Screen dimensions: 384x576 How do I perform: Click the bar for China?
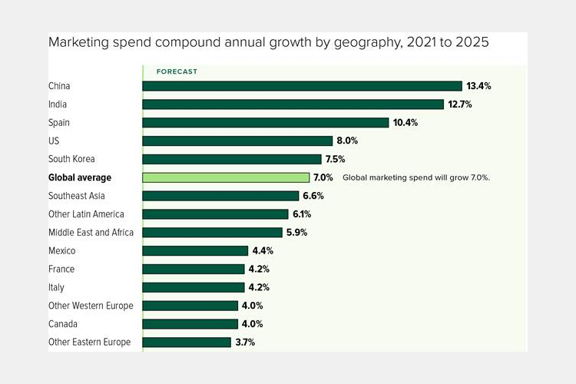(x=302, y=86)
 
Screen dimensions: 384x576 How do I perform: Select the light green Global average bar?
(x=226, y=177)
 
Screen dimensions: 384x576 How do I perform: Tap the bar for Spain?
(x=265, y=122)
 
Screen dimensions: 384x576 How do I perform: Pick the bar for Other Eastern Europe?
(x=187, y=342)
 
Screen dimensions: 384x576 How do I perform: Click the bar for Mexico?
(x=195, y=250)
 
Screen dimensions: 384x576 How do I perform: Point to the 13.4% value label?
(x=478, y=86)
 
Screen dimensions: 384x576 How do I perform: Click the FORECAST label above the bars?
(x=177, y=71)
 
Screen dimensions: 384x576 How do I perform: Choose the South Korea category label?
(x=71, y=159)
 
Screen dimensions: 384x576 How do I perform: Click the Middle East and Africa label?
(x=91, y=232)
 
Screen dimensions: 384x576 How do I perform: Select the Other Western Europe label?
(x=91, y=306)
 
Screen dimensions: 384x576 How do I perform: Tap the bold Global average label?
(x=80, y=177)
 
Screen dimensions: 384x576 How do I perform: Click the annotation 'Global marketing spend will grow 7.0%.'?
(x=416, y=177)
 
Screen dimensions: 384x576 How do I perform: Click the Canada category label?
(x=63, y=323)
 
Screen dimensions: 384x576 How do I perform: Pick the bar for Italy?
(x=194, y=287)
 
